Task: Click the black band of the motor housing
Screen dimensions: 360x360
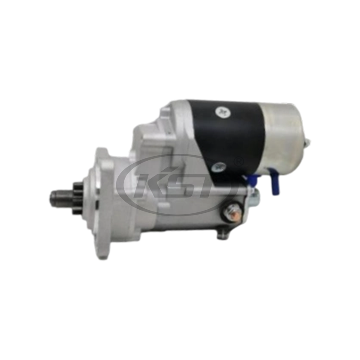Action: [x=234, y=135]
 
